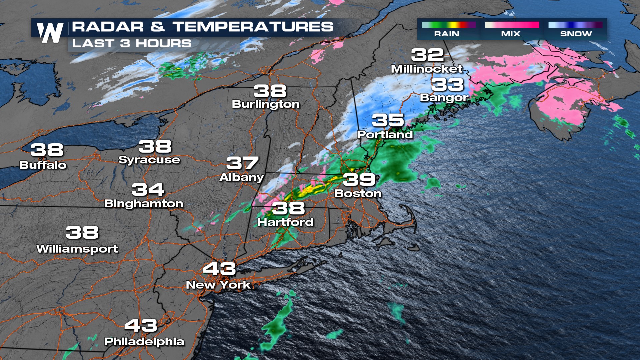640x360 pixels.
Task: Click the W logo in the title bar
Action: point(50,32)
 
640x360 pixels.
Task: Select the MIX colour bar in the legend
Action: point(512,25)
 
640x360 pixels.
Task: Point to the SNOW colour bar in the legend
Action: point(575,25)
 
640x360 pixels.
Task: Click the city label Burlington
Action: point(266,104)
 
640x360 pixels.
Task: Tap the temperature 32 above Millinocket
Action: point(427,55)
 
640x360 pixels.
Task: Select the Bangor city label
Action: point(444,98)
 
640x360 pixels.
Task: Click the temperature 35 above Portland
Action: point(388,120)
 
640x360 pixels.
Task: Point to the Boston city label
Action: point(358,193)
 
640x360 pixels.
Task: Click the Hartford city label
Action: point(285,222)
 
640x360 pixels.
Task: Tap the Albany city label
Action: point(241,177)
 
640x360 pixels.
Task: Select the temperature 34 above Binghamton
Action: point(148,190)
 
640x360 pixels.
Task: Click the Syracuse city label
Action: point(149,160)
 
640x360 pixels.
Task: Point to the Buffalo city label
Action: point(43,165)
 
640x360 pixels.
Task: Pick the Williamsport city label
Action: point(77,249)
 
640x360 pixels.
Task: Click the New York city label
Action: point(218,285)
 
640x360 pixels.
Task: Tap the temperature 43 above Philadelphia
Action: point(141,326)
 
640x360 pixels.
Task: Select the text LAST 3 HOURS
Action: point(132,43)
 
